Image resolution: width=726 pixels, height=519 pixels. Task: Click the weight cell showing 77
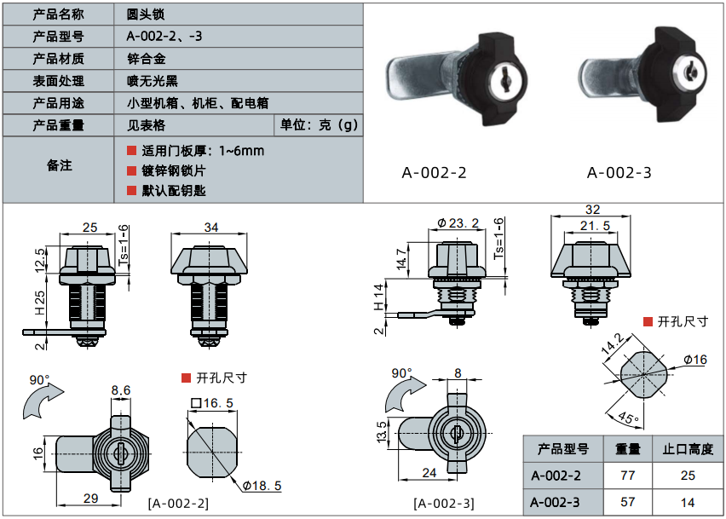pos(622,476)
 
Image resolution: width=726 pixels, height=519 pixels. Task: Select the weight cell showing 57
pos(622,502)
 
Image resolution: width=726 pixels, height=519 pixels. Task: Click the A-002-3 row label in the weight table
pos(556,502)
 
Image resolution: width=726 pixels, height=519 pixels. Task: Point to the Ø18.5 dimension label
pos(262,486)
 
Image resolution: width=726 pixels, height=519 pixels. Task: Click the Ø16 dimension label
pos(695,360)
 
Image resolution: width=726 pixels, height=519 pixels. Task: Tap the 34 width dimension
pos(211,228)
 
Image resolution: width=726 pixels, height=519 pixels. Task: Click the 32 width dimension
pos(593,210)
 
